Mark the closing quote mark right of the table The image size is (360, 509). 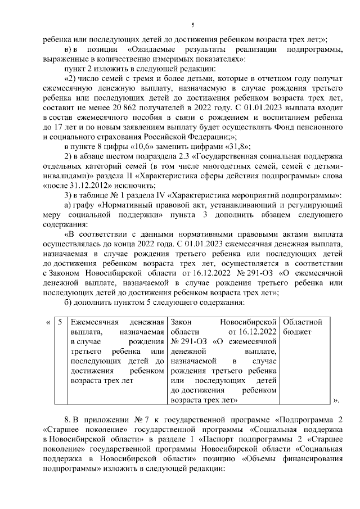[336, 400]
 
